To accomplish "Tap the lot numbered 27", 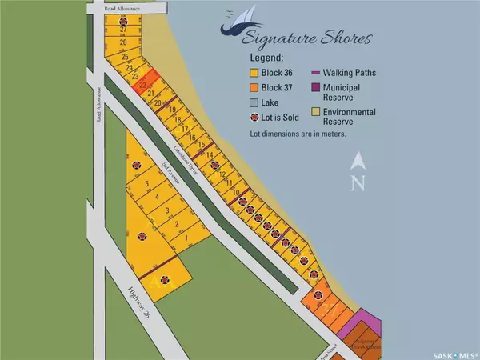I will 124,29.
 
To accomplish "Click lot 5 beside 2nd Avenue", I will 147,184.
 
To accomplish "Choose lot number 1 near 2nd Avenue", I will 186,238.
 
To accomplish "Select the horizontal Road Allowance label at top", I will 122,6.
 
